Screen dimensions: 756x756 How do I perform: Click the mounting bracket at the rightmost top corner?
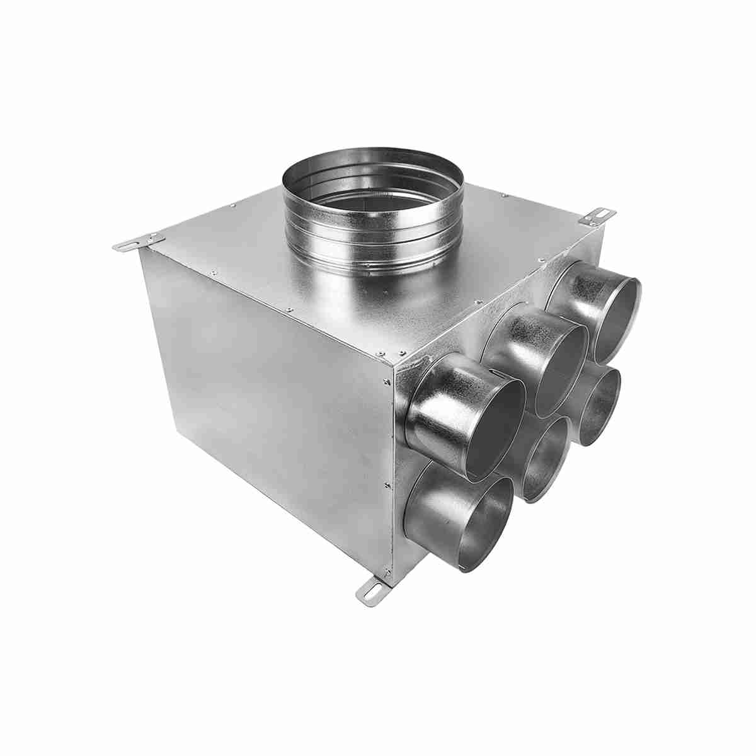point(598,215)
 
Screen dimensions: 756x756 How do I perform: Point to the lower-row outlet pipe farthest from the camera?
point(595,403)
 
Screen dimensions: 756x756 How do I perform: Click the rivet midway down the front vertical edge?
point(385,484)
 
